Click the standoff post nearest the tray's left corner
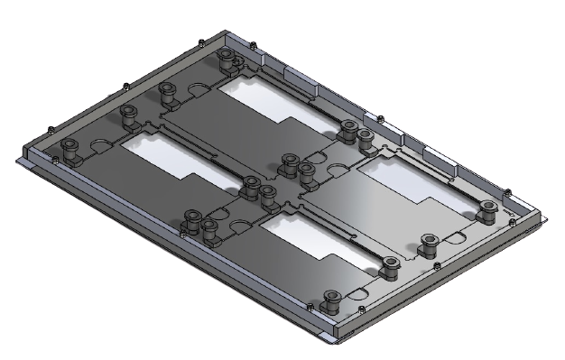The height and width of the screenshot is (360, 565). (x=69, y=151)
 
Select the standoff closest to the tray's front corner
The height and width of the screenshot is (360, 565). (x=331, y=300)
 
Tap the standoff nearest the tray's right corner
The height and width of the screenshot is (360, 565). (x=488, y=210)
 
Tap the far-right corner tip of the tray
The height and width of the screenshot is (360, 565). (x=550, y=217)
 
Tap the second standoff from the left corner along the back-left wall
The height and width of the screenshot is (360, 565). (x=128, y=115)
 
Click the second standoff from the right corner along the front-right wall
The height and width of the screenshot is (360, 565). (x=430, y=242)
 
